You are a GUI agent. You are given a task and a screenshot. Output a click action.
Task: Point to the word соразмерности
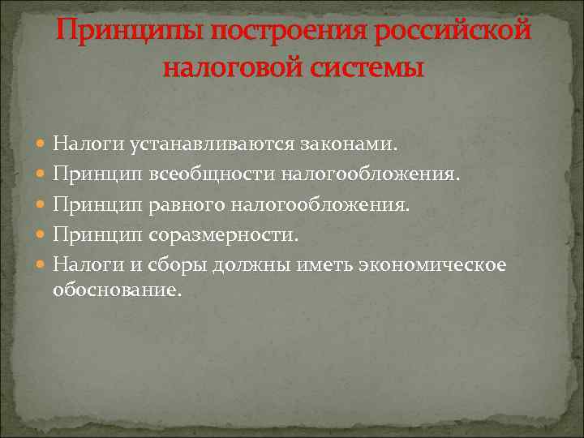(x=223, y=234)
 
